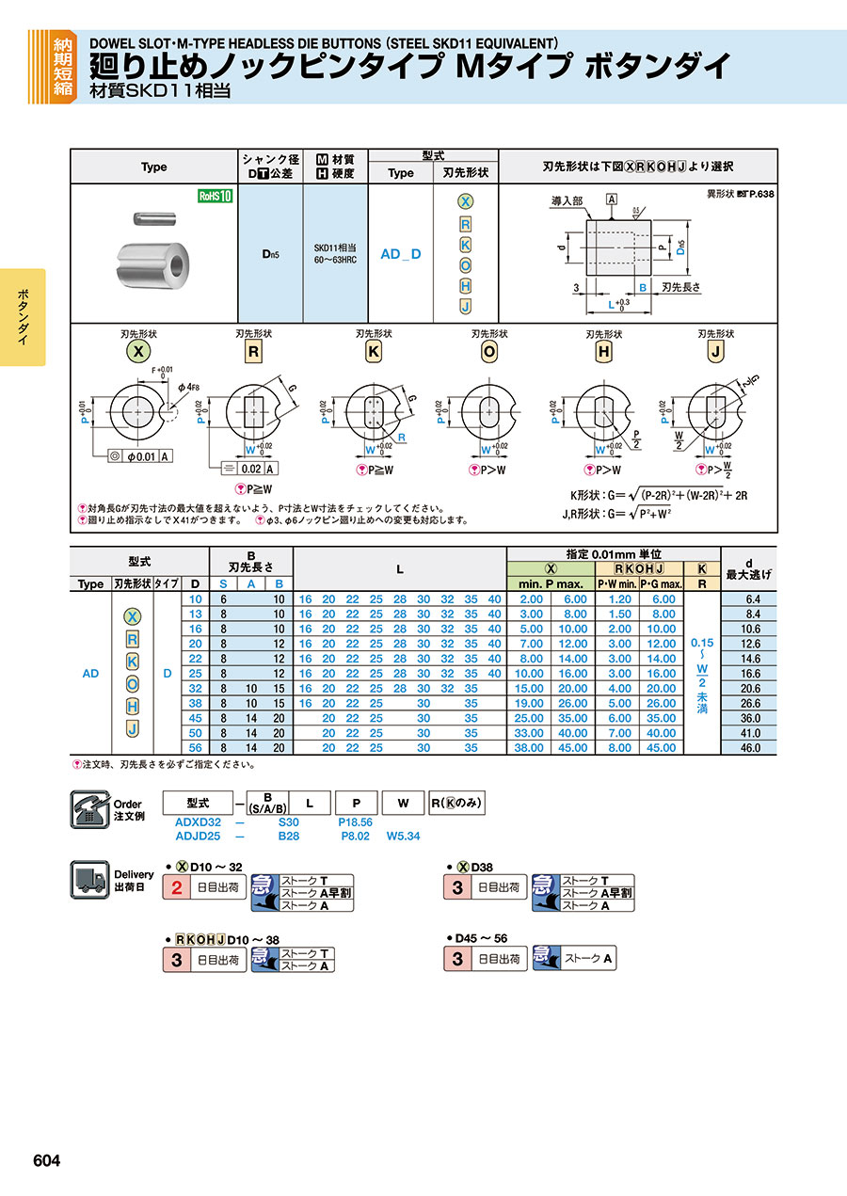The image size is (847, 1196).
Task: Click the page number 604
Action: [47, 1161]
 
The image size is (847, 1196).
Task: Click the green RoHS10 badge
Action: [215, 196]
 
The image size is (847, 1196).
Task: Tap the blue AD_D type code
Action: [400, 254]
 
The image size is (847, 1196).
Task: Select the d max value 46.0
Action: [749, 748]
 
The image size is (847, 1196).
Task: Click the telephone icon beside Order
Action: [90, 808]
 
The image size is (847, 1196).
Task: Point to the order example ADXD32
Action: [198, 821]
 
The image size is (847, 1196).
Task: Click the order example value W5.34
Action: [402, 835]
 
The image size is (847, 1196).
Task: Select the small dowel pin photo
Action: [147, 220]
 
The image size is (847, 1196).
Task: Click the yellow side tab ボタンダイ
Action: [23, 318]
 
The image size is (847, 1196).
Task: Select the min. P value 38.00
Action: [531, 748]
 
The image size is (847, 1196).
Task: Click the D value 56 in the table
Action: [196, 748]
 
